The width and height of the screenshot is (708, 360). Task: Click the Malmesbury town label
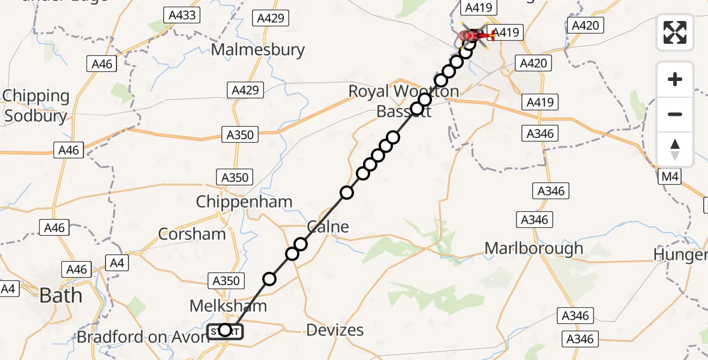pos(258,49)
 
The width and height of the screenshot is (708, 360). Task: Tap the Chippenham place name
pos(244,202)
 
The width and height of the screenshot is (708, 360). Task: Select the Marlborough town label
pos(533,248)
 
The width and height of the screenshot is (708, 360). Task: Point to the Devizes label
pos(335,329)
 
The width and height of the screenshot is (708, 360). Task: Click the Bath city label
pos(60,295)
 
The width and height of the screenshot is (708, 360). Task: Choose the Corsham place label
pos(192,233)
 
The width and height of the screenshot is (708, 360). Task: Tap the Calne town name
pos(328,227)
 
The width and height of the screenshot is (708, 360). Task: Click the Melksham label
pos(228,306)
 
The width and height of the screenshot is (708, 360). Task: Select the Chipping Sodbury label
pos(36,106)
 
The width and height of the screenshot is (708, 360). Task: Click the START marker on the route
pos(225,331)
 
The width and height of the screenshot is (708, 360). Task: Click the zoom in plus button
pos(675,79)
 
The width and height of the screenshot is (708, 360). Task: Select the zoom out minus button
pos(675,114)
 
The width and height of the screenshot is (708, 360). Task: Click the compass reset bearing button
pos(675,149)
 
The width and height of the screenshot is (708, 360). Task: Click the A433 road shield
pos(182,15)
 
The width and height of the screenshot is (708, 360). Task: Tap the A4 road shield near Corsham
pos(116,262)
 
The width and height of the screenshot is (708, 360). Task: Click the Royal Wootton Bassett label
pos(403,101)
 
